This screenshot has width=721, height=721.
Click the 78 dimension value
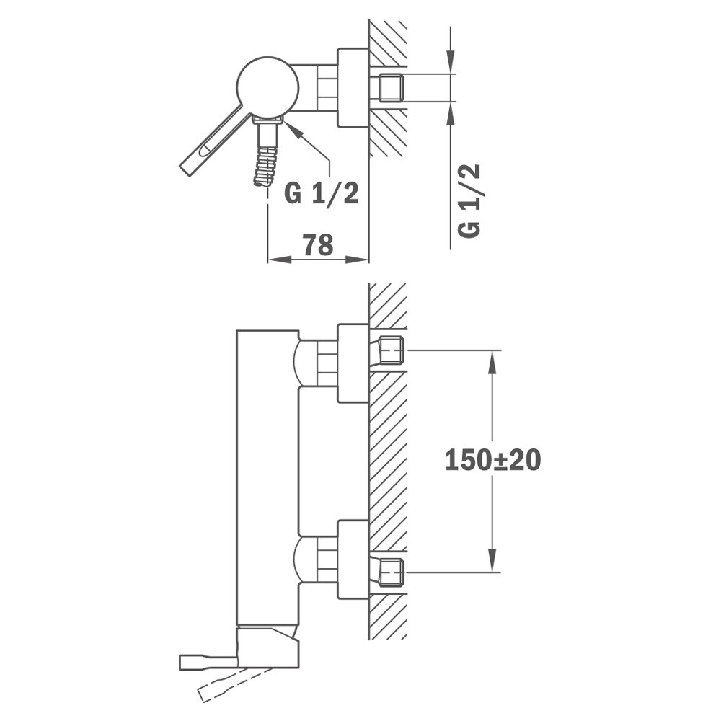318,244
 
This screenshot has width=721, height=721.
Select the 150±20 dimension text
493,460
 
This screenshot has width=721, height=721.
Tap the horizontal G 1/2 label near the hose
322,193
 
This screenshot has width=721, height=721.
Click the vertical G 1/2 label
469,200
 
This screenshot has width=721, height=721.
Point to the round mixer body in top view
267,87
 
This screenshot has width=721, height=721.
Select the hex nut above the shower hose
267,121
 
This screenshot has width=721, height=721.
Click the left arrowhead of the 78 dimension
279,260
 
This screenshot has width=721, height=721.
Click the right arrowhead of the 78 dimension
358,260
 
